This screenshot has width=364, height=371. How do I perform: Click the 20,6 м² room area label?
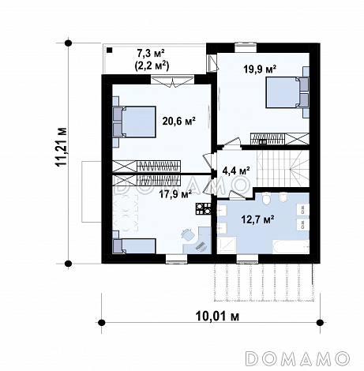(178, 121)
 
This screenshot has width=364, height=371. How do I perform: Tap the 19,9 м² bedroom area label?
(260, 69)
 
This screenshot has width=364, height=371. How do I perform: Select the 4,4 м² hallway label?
(236, 171)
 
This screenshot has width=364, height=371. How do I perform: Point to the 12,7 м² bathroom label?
(258, 219)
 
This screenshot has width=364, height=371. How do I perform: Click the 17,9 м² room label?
(175, 194)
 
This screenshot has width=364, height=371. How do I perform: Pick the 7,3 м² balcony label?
(151, 53)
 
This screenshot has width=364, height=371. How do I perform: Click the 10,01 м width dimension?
(217, 316)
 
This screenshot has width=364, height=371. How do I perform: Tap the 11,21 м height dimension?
(62, 147)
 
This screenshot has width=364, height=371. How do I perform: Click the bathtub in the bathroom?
(291, 246)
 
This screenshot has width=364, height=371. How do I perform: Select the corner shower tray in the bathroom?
(227, 245)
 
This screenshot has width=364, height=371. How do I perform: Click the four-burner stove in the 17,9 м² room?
(203, 209)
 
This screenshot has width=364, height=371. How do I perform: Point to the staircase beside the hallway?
(283, 168)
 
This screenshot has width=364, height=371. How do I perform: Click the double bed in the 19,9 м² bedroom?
(287, 92)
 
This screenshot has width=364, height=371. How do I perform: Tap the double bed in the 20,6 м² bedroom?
(134, 122)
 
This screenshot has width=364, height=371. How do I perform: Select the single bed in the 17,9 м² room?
(134, 246)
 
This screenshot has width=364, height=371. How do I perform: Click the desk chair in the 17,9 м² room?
(187, 234)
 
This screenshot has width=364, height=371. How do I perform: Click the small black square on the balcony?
(110, 50)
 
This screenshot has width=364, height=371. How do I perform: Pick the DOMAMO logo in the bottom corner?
(298, 358)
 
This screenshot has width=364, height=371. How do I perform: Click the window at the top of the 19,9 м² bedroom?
(246, 47)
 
